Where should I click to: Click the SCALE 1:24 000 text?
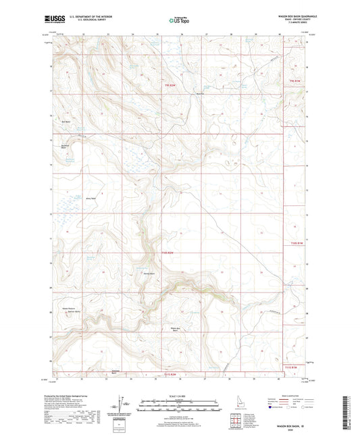[x=180, y=396]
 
